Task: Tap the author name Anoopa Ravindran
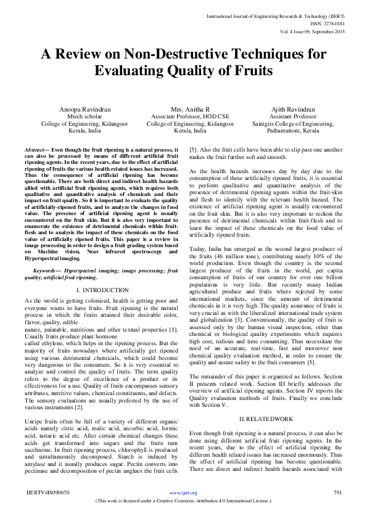click(x=85, y=109)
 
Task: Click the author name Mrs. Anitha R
click(x=183, y=109)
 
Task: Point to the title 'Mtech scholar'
click(x=85, y=116)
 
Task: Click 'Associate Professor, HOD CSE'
click(x=183, y=116)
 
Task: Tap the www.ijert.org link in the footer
click(x=183, y=493)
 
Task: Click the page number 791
click(x=337, y=493)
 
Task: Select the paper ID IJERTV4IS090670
click(x=49, y=493)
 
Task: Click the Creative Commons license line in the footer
click(x=183, y=501)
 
